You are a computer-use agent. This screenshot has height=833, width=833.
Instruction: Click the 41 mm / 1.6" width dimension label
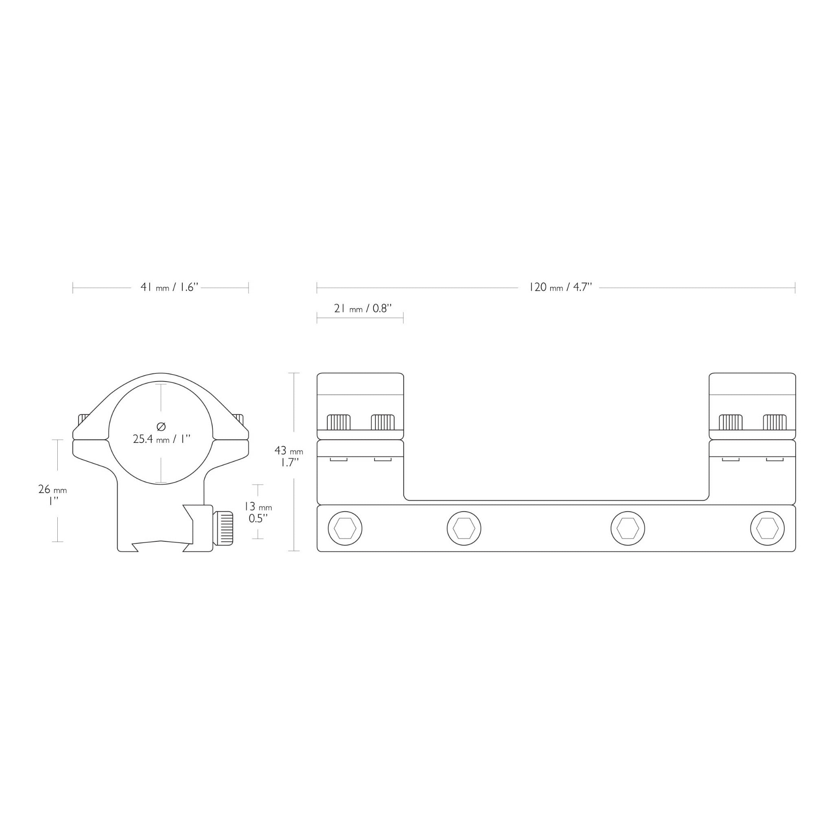click(169, 287)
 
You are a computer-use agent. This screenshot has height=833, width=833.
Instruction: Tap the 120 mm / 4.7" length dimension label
click(560, 287)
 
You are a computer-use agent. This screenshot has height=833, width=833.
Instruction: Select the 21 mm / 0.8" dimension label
click(362, 308)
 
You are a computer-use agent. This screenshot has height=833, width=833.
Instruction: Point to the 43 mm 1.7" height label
click(288, 457)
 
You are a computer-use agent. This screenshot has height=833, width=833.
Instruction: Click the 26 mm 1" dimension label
click(52, 495)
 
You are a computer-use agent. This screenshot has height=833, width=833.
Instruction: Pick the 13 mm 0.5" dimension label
click(258, 512)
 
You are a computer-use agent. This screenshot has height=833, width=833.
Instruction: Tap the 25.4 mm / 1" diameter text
click(162, 439)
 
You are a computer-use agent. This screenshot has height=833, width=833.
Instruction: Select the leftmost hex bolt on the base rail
click(345, 529)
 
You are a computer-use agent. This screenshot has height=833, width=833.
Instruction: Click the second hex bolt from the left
click(464, 529)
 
